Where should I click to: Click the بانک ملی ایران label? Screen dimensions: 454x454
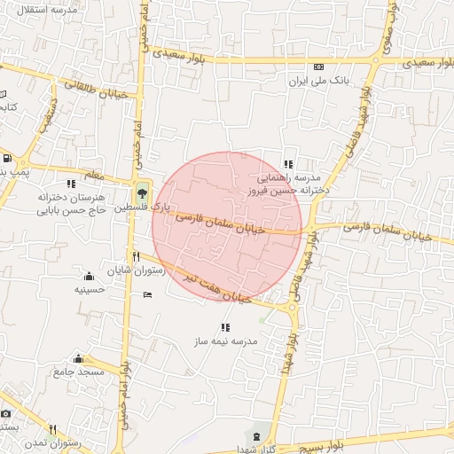(x=317, y=80)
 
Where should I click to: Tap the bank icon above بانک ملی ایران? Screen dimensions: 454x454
(x=318, y=67)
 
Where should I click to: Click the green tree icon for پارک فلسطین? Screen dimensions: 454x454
(x=142, y=192)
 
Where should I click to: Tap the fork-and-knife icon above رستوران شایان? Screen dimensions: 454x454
(x=136, y=256)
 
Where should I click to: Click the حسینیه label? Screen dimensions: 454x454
(x=90, y=289)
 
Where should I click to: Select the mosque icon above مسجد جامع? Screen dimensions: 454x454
(x=79, y=358)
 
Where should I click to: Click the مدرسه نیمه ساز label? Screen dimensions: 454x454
(x=225, y=340)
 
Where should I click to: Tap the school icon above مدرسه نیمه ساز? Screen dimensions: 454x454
(x=224, y=327)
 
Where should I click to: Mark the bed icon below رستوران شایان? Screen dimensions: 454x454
(x=147, y=294)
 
